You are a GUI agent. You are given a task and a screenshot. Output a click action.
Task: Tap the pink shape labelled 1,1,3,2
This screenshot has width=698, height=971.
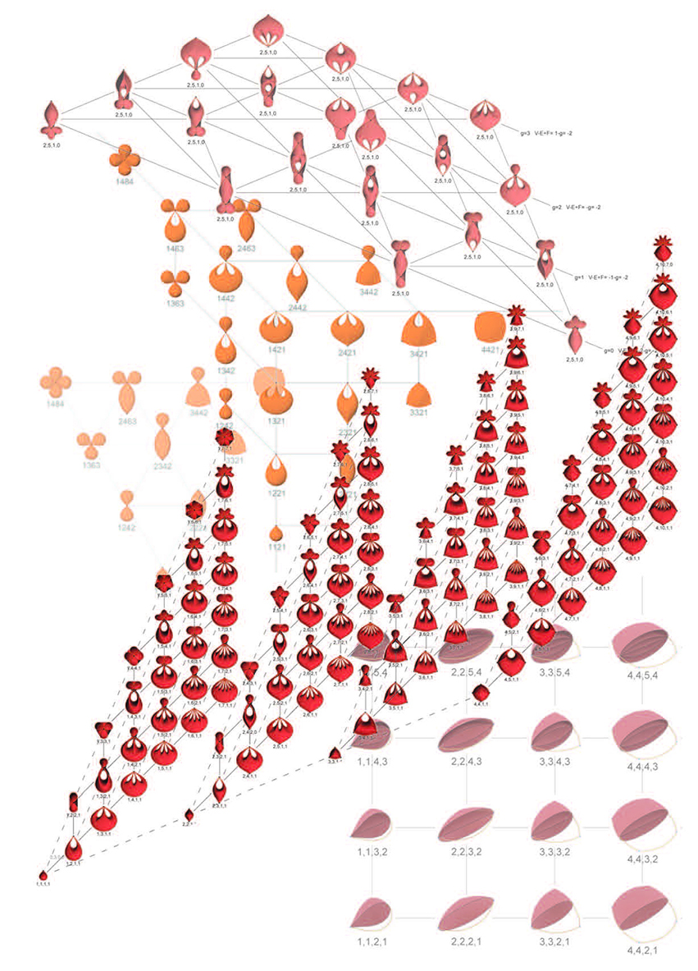pyautogui.click(x=374, y=825)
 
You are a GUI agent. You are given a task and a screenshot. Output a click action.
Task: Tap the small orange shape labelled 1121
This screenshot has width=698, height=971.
pyautogui.click(x=276, y=534)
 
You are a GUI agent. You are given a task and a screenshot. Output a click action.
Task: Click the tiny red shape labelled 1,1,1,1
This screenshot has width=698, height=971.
pyautogui.click(x=43, y=873)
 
